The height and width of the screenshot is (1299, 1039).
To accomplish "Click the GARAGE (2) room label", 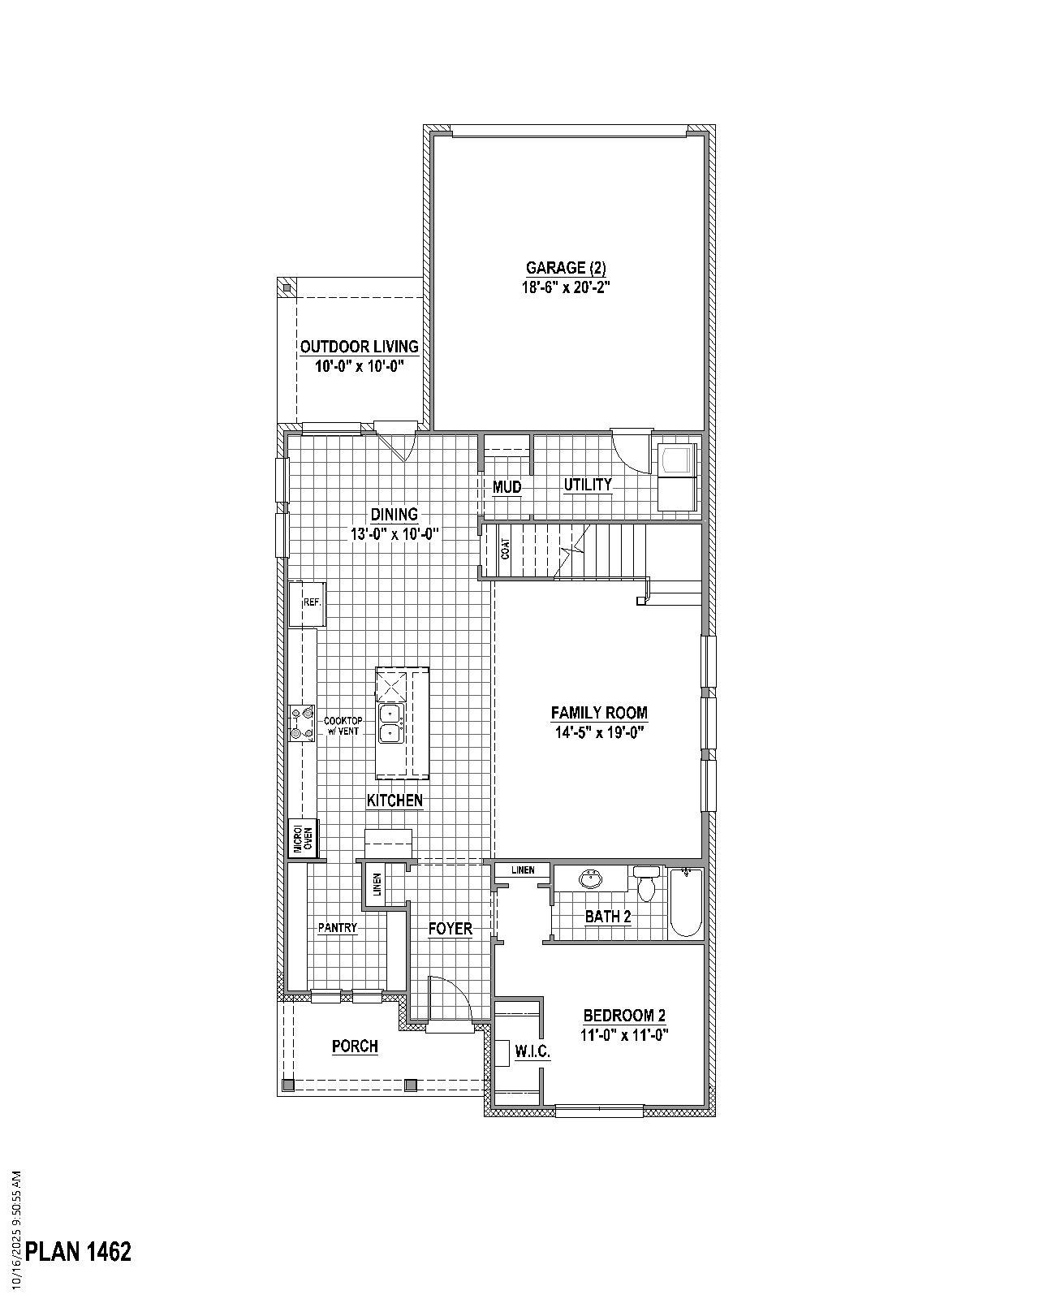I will point(566,268).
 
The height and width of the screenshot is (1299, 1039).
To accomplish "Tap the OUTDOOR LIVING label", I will point(360,347).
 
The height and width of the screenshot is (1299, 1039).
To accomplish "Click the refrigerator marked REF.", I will point(308,603).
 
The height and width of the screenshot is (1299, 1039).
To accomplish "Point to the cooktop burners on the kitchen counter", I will point(302,723).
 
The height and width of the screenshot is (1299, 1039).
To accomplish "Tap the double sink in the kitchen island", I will point(391,723).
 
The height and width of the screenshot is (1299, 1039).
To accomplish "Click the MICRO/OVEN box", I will point(303,839).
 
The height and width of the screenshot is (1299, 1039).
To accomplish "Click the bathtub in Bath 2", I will point(686,901).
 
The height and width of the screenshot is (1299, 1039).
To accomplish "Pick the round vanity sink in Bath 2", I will point(589,879).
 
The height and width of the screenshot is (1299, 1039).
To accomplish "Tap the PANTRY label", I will point(338,928).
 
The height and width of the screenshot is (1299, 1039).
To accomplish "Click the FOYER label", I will point(451,929).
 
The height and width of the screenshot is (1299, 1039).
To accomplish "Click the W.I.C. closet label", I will point(532,1051).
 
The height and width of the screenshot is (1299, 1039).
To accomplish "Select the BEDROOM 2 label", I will point(624,1016).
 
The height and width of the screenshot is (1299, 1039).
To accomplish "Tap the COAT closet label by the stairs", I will point(506,550).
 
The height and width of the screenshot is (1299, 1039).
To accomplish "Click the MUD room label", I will point(507,487).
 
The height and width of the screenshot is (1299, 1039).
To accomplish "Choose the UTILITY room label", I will point(588,485).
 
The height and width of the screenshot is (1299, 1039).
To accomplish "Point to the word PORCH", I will point(355,1047).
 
